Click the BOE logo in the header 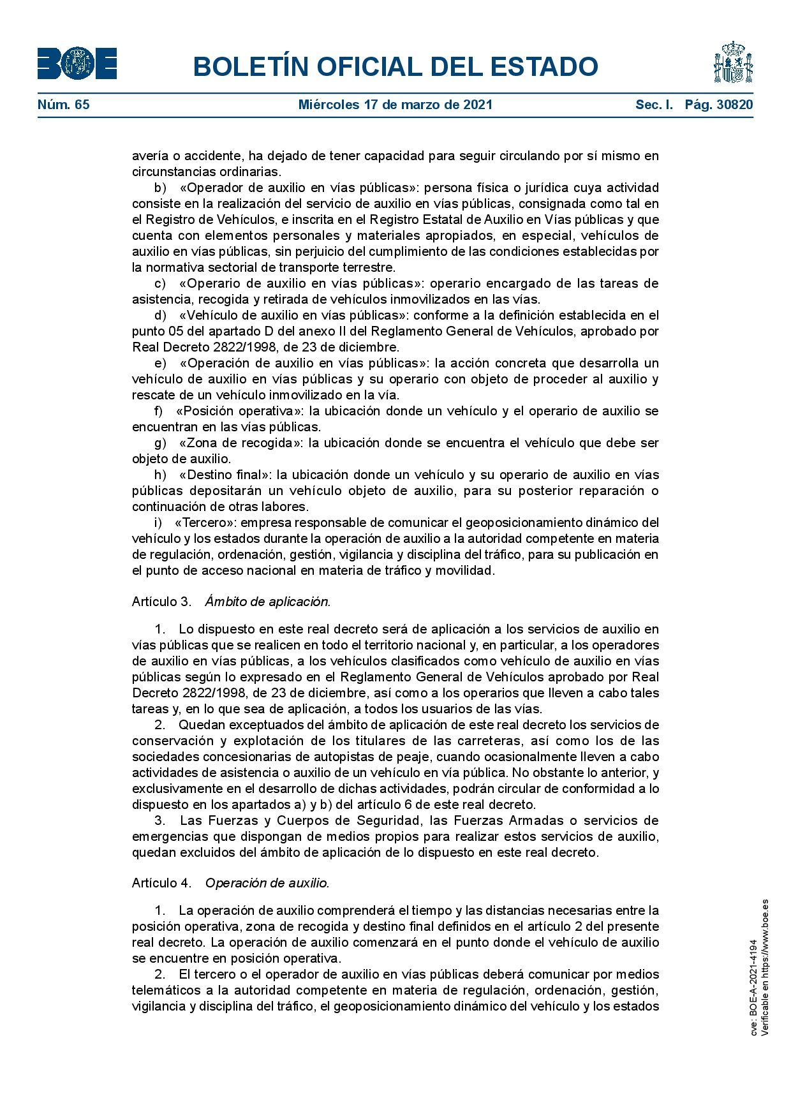click(77, 64)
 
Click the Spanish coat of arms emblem click(733, 63)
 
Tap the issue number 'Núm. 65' click(64, 105)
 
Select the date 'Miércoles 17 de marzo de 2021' click(395, 105)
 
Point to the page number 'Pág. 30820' click(719, 105)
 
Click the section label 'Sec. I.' click(654, 105)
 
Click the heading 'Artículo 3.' click(161, 602)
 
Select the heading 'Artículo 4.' click(161, 883)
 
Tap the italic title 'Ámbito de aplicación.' click(268, 602)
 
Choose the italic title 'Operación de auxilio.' click(267, 883)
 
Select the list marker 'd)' click(160, 315)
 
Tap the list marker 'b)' click(160, 188)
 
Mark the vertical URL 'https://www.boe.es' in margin click(765, 931)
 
